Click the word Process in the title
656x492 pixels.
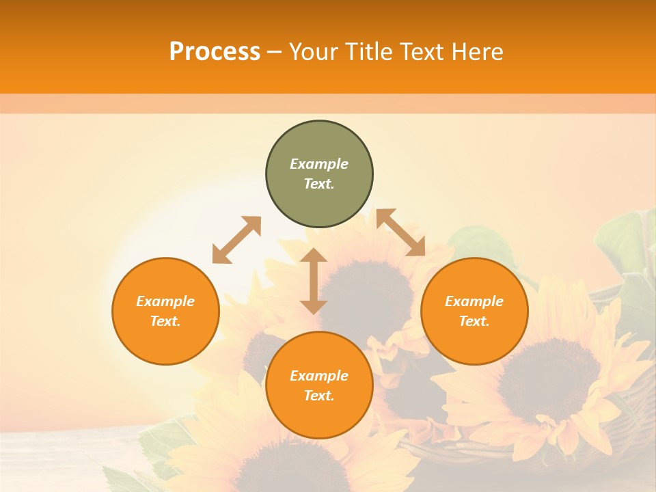tap(215, 52)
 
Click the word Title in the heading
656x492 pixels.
tap(367, 52)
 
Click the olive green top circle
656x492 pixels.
tap(319, 198)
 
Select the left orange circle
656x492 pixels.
tap(165, 342)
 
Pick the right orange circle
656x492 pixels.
tap(474, 342)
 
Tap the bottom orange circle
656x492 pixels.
tap(319, 417)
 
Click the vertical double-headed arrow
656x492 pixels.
tap(314, 281)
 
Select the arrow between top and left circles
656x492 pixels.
tap(236, 240)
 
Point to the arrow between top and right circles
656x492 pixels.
tap(400, 232)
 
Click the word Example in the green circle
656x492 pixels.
tap(319, 164)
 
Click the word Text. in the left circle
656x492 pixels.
tap(165, 321)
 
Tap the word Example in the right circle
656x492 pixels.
tap(474, 301)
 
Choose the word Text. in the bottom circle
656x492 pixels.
tap(319, 396)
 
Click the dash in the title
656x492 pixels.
tap(275, 52)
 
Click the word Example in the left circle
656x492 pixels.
tap(165, 301)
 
